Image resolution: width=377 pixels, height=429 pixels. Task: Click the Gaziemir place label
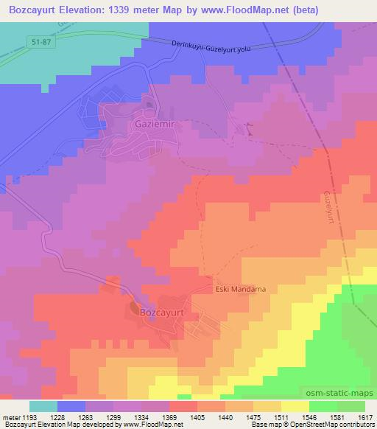point(154,125)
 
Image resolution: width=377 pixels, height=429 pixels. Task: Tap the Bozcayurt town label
point(166,311)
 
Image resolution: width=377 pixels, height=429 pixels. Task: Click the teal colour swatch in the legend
point(43,406)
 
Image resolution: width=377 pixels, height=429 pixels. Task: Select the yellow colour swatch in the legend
point(295,406)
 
